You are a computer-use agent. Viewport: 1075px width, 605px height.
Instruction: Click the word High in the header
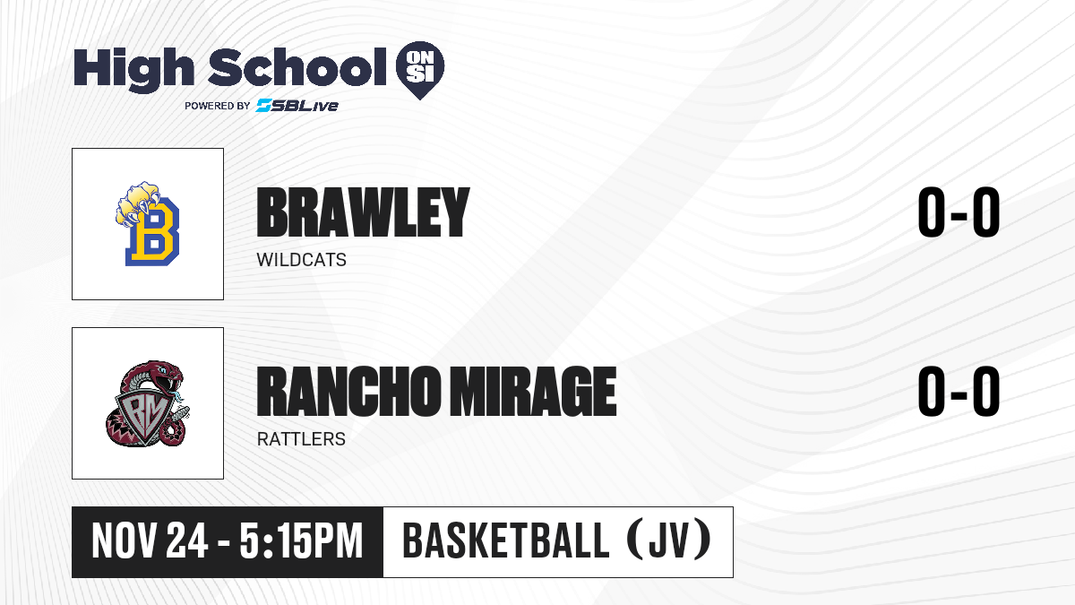tap(133, 70)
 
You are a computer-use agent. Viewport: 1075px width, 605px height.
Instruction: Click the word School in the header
tap(297, 66)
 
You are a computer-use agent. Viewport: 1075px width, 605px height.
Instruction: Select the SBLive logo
tap(297, 106)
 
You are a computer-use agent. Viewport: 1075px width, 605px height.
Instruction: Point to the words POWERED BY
tap(218, 106)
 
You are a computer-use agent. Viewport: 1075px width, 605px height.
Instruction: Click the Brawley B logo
tap(148, 224)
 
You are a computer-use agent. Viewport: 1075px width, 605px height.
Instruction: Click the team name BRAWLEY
tap(363, 212)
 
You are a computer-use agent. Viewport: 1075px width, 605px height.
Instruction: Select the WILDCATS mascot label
tap(301, 260)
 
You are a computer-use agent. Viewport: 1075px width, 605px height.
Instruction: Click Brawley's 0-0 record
tap(959, 212)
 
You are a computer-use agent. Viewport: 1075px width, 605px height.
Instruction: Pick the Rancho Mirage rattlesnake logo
tap(148, 403)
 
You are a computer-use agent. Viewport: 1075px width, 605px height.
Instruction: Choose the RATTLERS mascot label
tap(301, 439)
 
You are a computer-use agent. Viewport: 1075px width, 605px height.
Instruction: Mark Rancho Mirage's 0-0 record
tap(959, 392)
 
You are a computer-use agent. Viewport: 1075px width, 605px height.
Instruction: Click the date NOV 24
tap(150, 541)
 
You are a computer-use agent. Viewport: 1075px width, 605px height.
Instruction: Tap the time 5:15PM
tap(301, 541)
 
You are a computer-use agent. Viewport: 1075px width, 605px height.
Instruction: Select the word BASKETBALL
tap(506, 541)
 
